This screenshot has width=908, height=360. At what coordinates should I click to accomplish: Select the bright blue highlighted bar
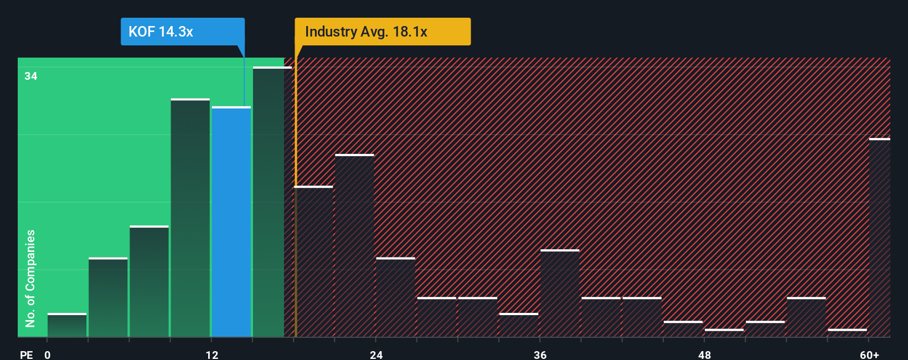(231, 222)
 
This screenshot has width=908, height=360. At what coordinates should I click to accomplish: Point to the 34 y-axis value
(31, 76)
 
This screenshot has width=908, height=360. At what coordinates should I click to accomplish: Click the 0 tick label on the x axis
(48, 354)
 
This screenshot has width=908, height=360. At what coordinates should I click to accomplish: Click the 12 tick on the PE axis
(212, 354)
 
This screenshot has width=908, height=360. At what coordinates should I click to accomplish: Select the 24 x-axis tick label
(376, 354)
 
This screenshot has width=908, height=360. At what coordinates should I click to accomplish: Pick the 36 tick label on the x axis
(540, 354)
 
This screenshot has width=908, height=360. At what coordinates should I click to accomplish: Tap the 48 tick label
(704, 354)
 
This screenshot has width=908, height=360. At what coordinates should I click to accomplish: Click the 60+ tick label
(869, 354)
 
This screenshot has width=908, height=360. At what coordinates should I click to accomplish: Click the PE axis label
(26, 354)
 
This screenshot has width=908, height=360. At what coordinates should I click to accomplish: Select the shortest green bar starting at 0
(67, 326)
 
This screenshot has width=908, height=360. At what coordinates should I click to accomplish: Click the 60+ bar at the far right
(879, 238)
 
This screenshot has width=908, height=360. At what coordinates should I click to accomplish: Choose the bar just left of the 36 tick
(519, 326)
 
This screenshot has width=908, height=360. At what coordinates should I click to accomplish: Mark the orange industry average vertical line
(296, 194)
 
